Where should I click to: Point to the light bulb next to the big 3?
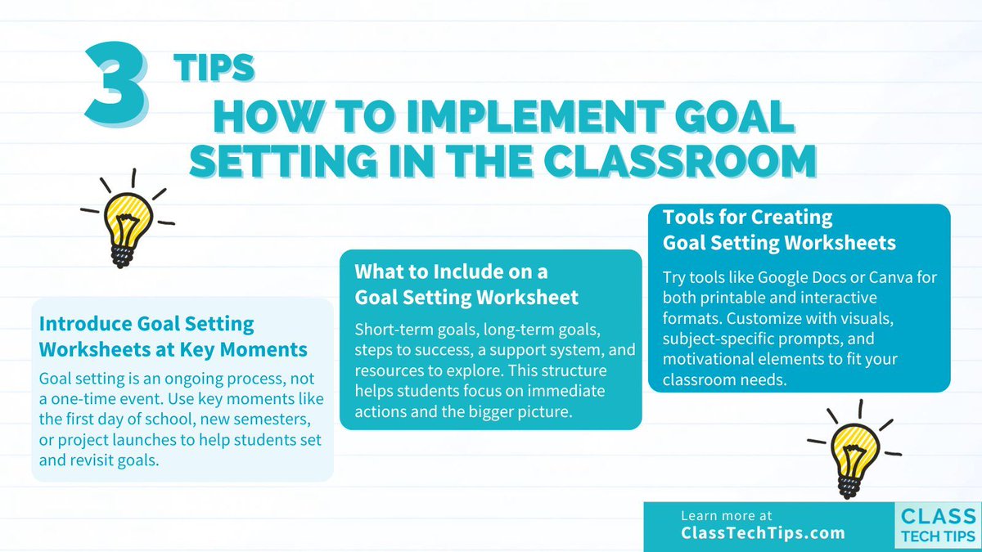(x=127, y=218)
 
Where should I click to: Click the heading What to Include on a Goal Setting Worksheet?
(x=466, y=283)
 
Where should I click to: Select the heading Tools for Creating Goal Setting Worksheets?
(x=779, y=230)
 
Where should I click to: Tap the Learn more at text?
(x=726, y=516)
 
